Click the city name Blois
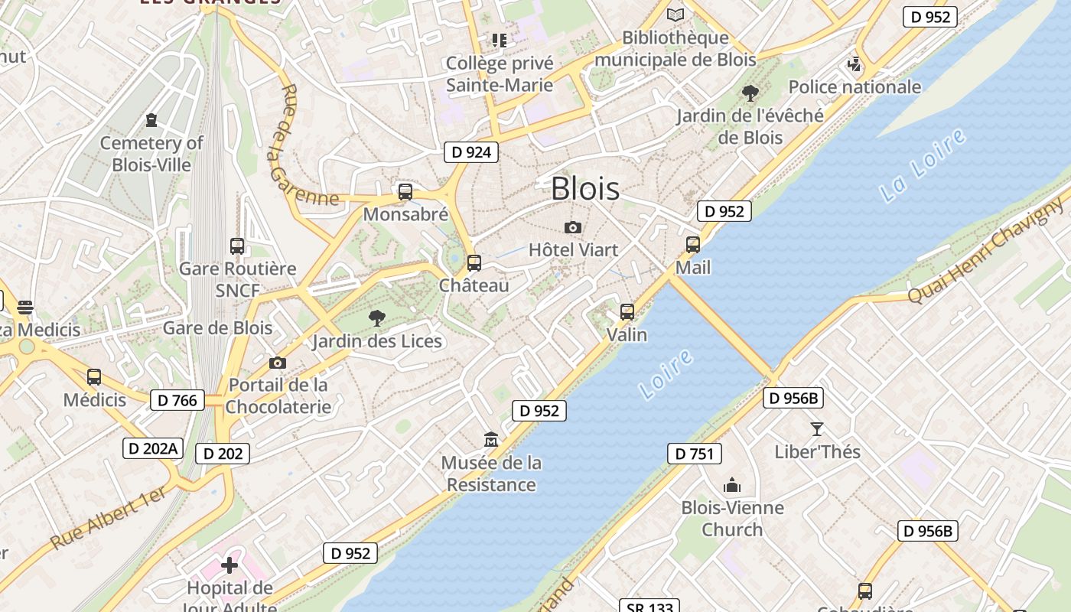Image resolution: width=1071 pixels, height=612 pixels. click(585, 188)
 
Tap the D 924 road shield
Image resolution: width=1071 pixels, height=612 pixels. click(471, 152)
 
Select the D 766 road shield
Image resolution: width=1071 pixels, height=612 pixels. click(177, 399)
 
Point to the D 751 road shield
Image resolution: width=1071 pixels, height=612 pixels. click(695, 454)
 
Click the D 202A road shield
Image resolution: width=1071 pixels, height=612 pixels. click(153, 448)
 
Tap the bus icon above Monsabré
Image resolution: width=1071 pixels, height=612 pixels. click(405, 192)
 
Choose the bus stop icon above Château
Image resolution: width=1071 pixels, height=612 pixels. click(474, 263)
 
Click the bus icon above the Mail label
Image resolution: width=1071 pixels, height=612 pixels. click(693, 245)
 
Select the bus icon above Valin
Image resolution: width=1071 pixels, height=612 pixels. click(627, 312)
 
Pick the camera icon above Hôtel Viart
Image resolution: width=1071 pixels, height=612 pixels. click(572, 227)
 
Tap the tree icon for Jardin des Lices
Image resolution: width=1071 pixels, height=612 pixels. click(376, 318)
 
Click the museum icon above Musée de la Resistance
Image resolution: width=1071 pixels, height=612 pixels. click(491, 440)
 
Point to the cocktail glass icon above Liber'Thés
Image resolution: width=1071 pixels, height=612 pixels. click(817, 429)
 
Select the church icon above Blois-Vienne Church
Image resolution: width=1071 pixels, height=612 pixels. click(732, 485)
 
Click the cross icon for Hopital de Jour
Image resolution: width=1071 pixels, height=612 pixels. click(229, 565)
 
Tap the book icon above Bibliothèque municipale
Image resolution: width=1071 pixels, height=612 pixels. click(675, 15)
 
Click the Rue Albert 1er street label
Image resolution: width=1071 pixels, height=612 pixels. click(109, 518)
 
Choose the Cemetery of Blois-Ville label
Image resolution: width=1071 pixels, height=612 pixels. click(151, 153)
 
